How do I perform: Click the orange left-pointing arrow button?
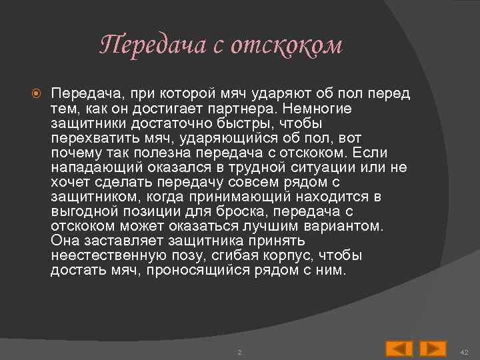click(x=399, y=347)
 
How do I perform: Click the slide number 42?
click(x=465, y=351)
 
